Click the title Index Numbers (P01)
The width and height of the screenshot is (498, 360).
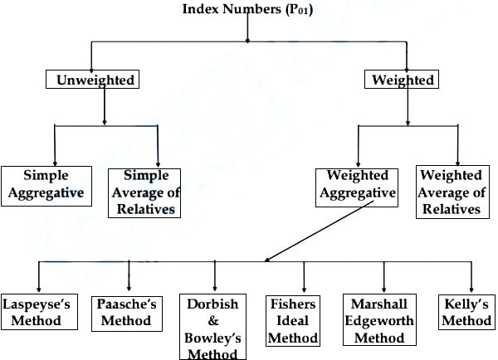(x=247, y=9)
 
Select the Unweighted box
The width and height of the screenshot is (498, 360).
(x=92, y=80)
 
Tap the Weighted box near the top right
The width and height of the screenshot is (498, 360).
(x=402, y=80)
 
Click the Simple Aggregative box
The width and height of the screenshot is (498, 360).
(x=46, y=186)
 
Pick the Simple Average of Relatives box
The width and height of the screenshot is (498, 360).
(x=144, y=193)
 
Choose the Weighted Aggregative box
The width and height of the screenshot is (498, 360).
(x=357, y=187)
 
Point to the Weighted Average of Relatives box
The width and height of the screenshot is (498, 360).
(x=452, y=192)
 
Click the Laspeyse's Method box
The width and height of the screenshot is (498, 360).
(x=39, y=312)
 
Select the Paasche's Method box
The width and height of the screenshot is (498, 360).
(x=127, y=314)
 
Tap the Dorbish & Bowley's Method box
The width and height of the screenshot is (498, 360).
(x=212, y=327)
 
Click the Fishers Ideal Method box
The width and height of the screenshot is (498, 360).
(x=293, y=321)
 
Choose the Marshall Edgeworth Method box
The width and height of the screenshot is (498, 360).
(x=379, y=319)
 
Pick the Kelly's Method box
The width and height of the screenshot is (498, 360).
(x=466, y=312)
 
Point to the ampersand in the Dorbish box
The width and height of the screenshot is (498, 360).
(x=213, y=321)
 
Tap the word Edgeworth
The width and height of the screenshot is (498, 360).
(x=379, y=321)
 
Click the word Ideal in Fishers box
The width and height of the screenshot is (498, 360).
(x=292, y=321)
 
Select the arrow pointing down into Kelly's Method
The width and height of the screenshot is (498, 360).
(x=471, y=277)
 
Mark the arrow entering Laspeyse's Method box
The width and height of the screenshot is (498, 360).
(x=39, y=277)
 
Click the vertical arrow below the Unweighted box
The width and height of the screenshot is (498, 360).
(x=105, y=106)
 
